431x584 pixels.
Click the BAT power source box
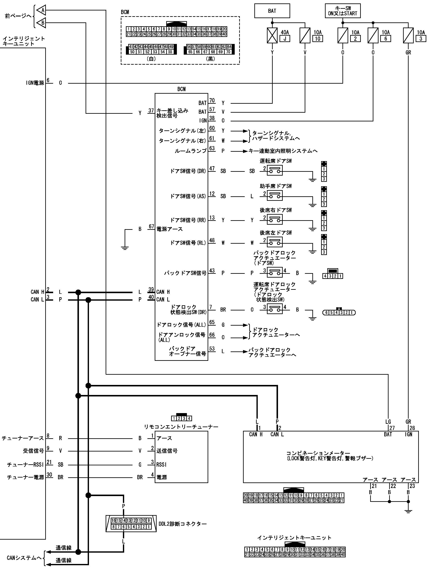click(x=272, y=11)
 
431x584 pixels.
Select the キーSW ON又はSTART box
click(x=342, y=11)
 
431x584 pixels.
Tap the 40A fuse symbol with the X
click(x=272, y=36)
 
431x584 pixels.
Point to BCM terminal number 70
click(x=212, y=101)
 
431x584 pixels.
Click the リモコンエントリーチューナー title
click(x=181, y=427)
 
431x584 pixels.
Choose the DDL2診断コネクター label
click(x=183, y=524)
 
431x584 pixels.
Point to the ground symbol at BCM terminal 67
click(x=125, y=248)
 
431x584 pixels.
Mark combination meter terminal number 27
click(x=392, y=428)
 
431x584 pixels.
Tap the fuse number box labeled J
click(x=285, y=39)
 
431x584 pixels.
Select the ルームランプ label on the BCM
click(x=191, y=151)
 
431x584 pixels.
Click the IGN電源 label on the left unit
click(x=35, y=83)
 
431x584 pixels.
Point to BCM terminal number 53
click(x=212, y=349)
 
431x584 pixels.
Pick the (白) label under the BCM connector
click(x=151, y=59)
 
